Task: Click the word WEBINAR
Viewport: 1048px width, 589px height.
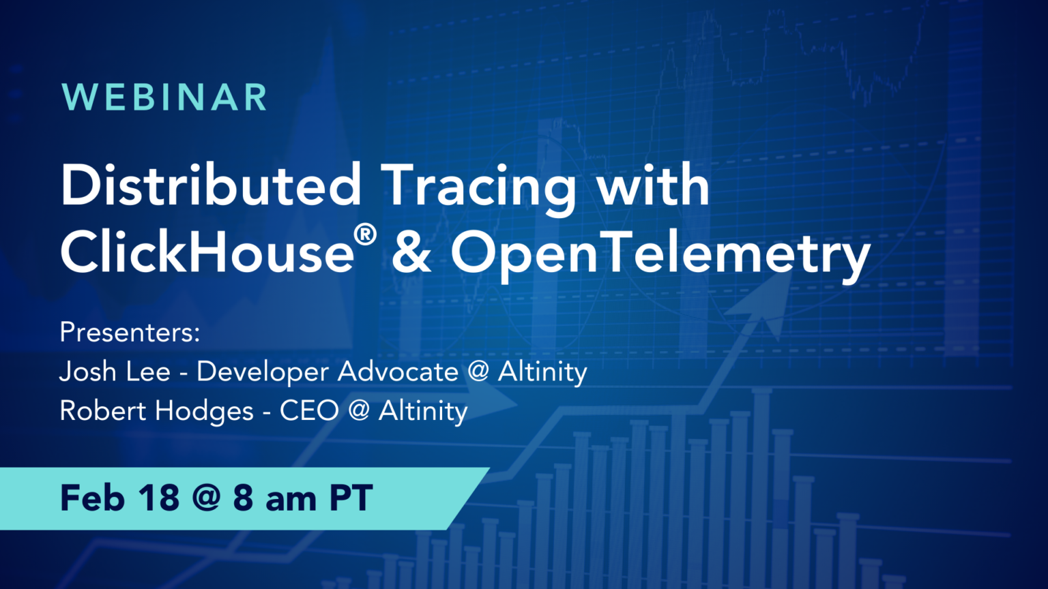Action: pos(164,97)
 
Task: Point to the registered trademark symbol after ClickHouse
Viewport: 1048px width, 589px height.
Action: pos(365,235)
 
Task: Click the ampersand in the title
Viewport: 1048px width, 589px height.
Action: pos(411,252)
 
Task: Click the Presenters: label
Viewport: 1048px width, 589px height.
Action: pos(130,333)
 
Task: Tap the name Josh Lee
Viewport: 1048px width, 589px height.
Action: pos(115,372)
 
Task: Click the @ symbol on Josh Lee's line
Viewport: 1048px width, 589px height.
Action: pos(478,372)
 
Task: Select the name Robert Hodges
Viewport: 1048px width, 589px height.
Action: pos(156,411)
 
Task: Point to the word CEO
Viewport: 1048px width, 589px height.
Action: pos(309,411)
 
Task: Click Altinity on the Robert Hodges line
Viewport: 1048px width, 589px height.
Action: pos(423,411)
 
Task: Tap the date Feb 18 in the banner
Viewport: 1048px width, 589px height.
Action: pos(120,498)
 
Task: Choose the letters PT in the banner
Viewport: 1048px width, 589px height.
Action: pos(351,498)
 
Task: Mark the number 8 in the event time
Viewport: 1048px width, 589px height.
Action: pos(243,498)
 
